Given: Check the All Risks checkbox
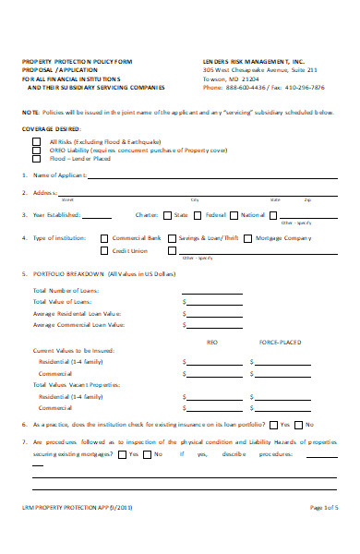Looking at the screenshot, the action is (36, 140).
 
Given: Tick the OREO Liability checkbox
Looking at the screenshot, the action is (36, 149).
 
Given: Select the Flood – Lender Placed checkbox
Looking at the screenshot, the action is (36, 157).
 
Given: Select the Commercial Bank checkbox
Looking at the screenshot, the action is (104, 238).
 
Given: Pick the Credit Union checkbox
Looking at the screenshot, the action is (104, 250).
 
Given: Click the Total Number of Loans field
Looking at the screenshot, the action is (214, 290).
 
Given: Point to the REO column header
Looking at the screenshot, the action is (211, 342).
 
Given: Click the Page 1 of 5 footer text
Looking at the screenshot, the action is (324, 535).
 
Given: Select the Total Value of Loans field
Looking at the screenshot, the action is (214, 302).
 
